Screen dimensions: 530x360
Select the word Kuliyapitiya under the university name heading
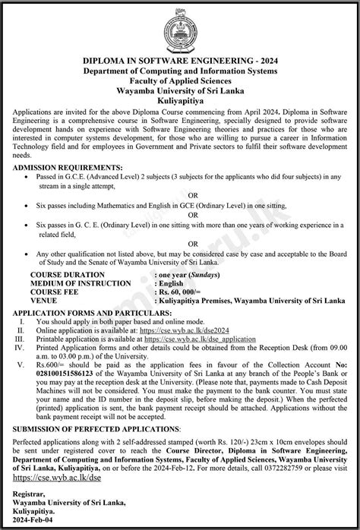click(x=180, y=99)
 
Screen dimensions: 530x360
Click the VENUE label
click(x=43, y=300)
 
